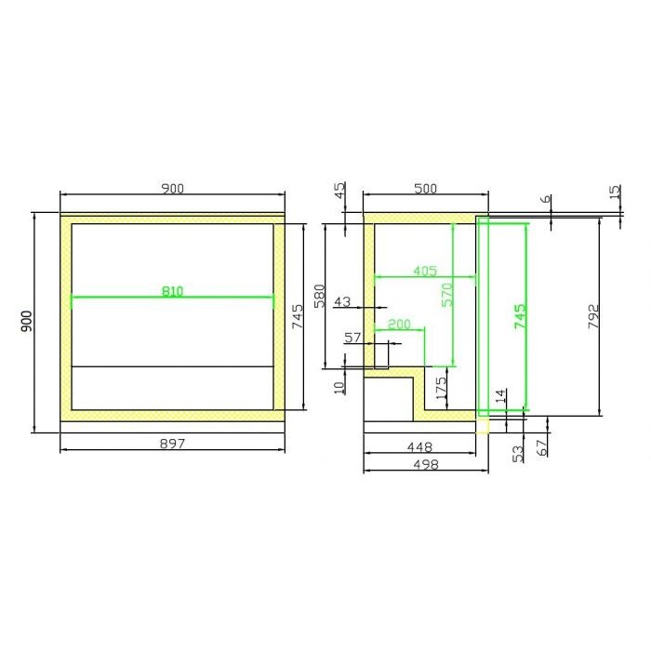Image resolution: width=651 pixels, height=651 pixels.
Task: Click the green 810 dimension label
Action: click(172, 291)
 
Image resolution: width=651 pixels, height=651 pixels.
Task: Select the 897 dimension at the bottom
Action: click(172, 444)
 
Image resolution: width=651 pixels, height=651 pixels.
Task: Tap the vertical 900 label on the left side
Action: click(26, 322)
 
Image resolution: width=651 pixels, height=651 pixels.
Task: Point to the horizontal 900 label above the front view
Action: click(172, 189)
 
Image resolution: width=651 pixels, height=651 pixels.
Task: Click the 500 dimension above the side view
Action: click(426, 189)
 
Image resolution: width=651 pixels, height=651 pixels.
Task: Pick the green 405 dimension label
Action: click(425, 272)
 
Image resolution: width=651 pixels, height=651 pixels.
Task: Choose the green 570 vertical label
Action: click(447, 295)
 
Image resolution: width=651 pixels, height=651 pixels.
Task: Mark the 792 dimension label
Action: click(594, 317)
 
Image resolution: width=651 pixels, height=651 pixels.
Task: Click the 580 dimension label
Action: click(319, 296)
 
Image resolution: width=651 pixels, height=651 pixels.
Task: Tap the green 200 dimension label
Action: click(399, 324)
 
